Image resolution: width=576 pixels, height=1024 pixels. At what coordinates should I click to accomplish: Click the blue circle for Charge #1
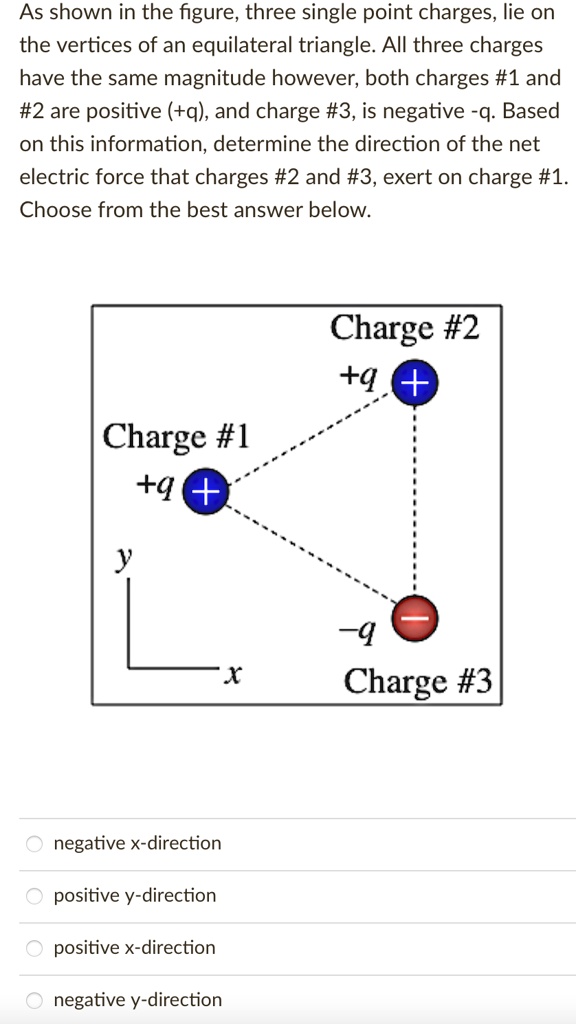tap(204, 490)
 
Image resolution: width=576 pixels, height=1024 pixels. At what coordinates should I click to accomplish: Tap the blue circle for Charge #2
tap(414, 382)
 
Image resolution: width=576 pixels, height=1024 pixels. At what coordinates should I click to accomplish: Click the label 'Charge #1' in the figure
tap(176, 437)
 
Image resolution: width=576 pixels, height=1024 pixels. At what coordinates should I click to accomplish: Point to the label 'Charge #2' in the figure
tap(404, 327)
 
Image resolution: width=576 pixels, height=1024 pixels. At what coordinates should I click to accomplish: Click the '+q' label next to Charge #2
tap(357, 377)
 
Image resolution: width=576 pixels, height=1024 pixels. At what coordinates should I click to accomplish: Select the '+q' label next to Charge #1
tap(157, 487)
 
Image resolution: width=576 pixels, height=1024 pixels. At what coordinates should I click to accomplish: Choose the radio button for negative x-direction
tap(35, 844)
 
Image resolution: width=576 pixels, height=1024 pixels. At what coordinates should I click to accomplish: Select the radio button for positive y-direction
tap(35, 896)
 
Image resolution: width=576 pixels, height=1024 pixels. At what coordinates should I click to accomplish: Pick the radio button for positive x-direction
tap(35, 948)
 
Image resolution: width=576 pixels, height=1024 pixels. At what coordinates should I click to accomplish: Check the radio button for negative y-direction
tap(35, 1000)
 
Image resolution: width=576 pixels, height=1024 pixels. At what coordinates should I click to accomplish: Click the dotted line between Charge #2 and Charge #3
tap(414, 500)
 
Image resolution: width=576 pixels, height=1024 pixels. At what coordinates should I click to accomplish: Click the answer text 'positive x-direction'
tap(134, 947)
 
